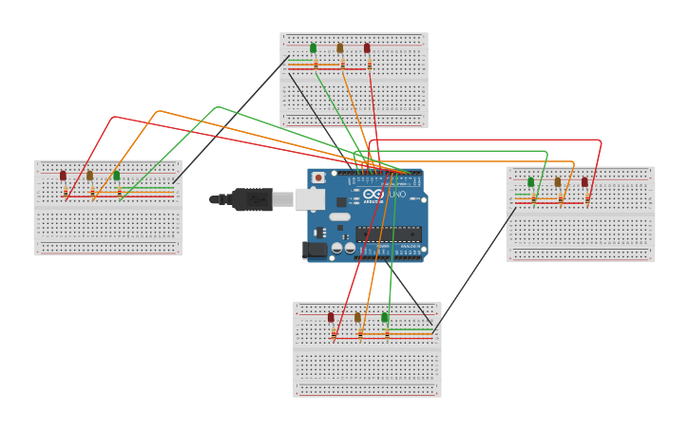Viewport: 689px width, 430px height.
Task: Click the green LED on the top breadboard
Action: coord(313,47)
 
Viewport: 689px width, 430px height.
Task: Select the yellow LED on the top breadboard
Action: coord(339,47)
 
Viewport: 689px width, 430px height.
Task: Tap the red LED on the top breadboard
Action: coord(367,47)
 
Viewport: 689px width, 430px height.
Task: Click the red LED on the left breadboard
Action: coord(63,175)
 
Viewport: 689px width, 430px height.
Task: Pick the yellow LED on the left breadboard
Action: coord(89,175)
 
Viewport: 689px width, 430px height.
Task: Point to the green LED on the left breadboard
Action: coord(116,175)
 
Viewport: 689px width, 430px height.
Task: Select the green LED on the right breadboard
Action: coord(530,181)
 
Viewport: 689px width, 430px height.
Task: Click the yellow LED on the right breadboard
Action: coord(557,181)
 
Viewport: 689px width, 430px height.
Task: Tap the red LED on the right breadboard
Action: coord(584,181)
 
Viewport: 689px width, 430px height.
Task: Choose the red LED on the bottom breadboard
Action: coord(331,317)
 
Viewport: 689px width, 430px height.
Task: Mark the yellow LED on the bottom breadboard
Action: coord(357,317)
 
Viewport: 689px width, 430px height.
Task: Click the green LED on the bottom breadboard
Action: coord(384,317)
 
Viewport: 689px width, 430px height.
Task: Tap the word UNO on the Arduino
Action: coord(397,195)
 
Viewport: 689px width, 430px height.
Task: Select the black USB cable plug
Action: coord(251,199)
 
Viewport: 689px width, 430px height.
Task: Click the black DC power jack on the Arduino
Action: coord(315,251)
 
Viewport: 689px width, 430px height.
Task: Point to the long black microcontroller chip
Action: coord(389,234)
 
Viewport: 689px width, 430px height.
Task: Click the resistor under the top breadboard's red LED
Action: coord(370,65)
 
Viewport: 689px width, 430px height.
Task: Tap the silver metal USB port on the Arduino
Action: coord(311,198)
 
